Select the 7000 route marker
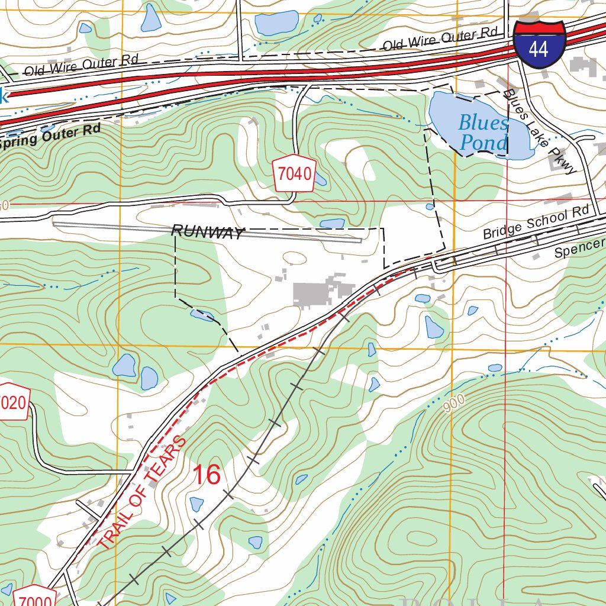click(x=34, y=598)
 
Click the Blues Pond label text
click(x=483, y=133)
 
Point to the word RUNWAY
click(x=207, y=232)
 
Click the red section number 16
click(x=207, y=475)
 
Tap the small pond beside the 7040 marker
click(x=320, y=179)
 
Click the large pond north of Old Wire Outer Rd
click(x=276, y=22)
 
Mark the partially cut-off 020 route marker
click(x=13, y=404)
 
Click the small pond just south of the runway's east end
click(x=332, y=224)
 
